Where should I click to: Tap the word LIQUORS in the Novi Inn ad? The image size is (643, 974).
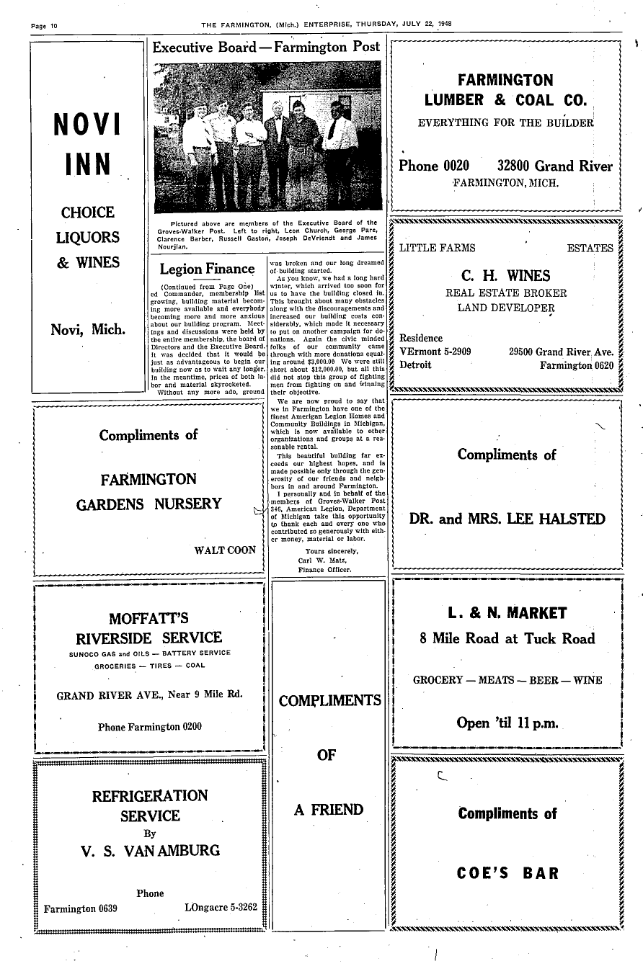click(x=87, y=238)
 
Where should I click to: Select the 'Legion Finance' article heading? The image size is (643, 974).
click(x=207, y=269)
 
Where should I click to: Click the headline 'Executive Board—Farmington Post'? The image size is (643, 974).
click(x=267, y=48)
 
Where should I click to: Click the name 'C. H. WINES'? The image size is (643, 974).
click(x=505, y=276)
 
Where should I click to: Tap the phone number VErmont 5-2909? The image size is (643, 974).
click(x=435, y=352)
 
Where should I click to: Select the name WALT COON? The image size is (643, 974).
click(x=225, y=550)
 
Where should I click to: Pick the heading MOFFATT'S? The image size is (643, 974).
click(x=148, y=618)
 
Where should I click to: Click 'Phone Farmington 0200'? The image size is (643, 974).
click(x=150, y=726)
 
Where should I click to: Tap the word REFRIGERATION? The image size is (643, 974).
click(x=150, y=796)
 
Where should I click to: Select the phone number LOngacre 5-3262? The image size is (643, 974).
click(x=221, y=907)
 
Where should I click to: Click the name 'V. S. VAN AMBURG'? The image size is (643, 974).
click(x=151, y=851)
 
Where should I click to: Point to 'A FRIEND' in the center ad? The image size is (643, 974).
click(x=329, y=810)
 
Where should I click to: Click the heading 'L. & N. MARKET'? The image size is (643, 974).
click(x=507, y=614)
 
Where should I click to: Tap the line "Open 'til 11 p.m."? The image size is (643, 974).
click(x=507, y=723)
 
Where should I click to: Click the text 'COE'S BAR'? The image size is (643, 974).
click(x=507, y=874)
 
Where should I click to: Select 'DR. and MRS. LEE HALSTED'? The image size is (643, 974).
click(x=507, y=519)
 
